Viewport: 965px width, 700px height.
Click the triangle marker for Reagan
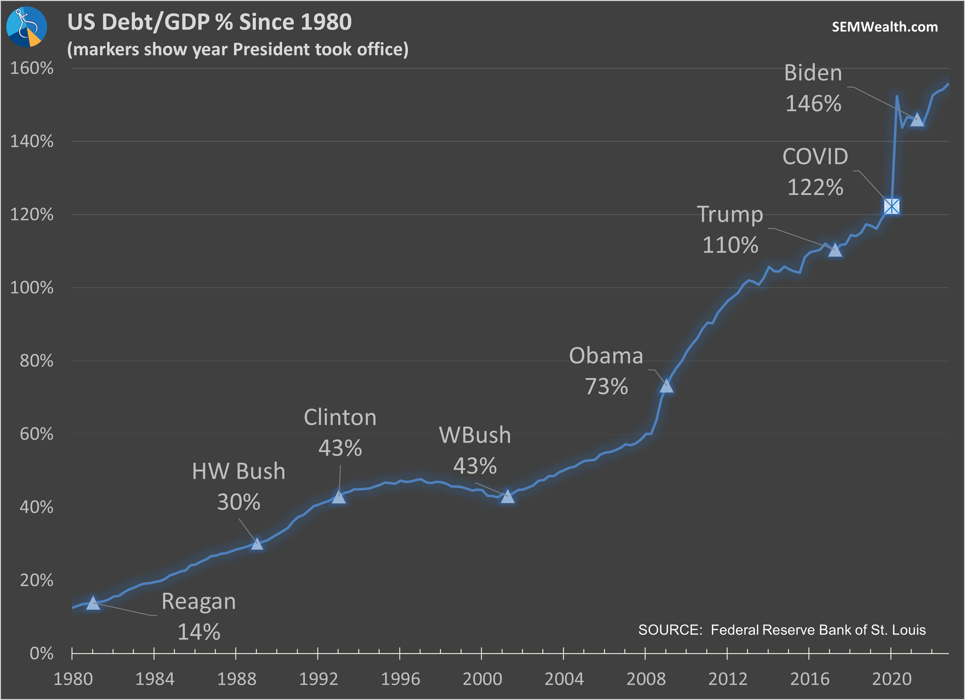tap(93, 603)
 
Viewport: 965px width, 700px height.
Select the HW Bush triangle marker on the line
tap(257, 544)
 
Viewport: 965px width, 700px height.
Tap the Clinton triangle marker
tap(339, 497)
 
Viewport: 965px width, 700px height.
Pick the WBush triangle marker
tap(508, 497)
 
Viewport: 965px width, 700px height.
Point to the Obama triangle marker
tap(666, 386)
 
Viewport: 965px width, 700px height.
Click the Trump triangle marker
tap(835, 250)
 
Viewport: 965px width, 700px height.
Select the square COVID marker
tap(892, 206)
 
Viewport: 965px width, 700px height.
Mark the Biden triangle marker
tap(917, 120)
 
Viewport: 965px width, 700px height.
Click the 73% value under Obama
tap(607, 387)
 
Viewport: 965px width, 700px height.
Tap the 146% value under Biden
tap(813, 104)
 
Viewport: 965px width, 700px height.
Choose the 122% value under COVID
tap(815, 187)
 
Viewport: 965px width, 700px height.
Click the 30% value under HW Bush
tap(239, 502)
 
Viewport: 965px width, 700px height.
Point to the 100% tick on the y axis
tap(32, 288)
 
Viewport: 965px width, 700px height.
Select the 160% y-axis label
tap(32, 68)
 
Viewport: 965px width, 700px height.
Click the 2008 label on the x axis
tap(646, 679)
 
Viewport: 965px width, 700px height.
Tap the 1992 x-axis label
tap(318, 679)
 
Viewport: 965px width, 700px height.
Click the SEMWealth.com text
tap(885, 27)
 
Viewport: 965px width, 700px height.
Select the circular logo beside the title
tap(27, 27)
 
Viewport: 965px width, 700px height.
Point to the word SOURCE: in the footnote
tap(670, 630)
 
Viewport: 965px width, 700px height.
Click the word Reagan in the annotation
tap(199, 601)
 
